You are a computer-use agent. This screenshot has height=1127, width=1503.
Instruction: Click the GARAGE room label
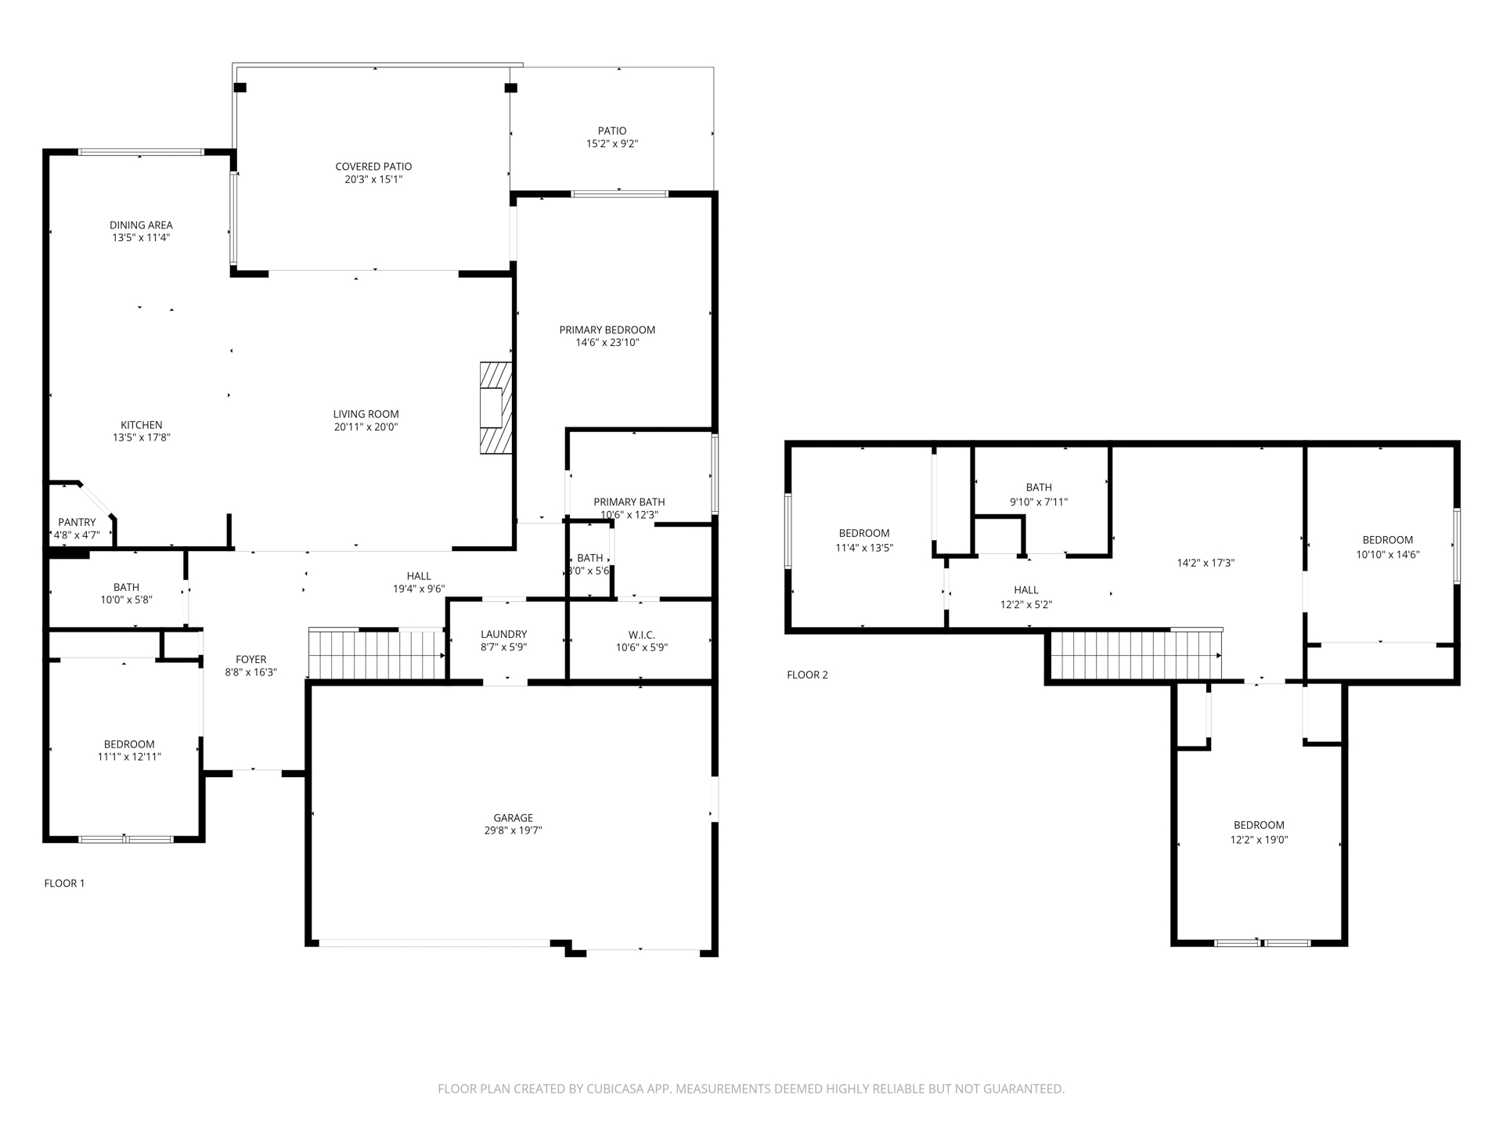[x=513, y=818]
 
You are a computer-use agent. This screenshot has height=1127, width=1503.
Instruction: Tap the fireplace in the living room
[x=496, y=408]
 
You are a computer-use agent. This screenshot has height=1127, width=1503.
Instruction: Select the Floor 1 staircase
[x=377, y=654]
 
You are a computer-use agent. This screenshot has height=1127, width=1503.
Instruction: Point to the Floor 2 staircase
[x=1135, y=654]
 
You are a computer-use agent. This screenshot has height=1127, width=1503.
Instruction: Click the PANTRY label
[x=77, y=522]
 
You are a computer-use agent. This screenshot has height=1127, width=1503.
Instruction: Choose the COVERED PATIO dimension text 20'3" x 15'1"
[x=374, y=179]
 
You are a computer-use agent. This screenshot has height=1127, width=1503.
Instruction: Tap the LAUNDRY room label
[x=503, y=634]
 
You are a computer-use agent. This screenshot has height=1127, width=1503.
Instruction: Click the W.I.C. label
[x=641, y=635]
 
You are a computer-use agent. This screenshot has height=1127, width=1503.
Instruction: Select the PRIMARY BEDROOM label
[x=607, y=330]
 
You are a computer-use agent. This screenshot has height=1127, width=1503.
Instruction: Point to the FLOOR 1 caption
[x=64, y=883]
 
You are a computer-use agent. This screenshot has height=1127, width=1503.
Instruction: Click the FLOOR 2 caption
[x=807, y=675]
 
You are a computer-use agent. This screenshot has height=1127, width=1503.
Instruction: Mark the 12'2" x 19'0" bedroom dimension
[x=1259, y=840]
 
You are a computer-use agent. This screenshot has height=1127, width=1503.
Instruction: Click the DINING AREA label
[x=141, y=225]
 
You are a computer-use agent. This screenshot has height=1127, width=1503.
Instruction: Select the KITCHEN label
[x=142, y=425]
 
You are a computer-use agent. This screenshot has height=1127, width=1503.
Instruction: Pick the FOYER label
[x=251, y=660]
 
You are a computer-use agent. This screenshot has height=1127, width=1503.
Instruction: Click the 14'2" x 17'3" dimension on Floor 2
[x=1206, y=563]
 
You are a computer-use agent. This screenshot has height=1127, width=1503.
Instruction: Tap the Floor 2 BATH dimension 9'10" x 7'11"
[x=1039, y=502]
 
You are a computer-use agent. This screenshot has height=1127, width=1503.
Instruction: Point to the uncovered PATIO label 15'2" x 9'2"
[x=612, y=137]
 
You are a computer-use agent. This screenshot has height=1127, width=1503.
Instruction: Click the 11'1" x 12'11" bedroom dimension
[x=129, y=757]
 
